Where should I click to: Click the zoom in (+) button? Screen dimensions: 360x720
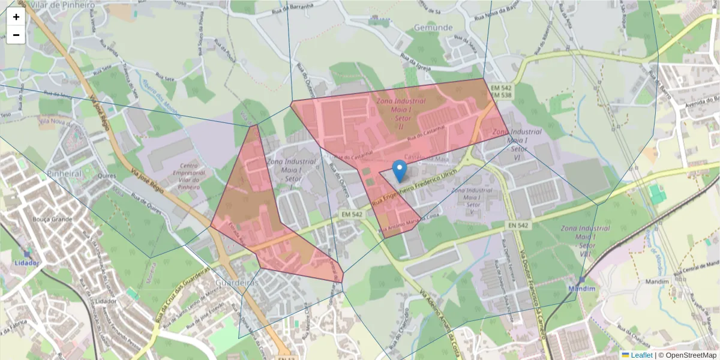[16, 17]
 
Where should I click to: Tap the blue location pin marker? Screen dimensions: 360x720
[399, 170]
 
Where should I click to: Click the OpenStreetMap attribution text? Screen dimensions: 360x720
[690, 355]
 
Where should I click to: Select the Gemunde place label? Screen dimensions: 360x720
[433, 28]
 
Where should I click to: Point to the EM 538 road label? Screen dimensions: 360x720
[501, 95]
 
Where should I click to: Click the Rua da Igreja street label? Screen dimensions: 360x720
[416, 64]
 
